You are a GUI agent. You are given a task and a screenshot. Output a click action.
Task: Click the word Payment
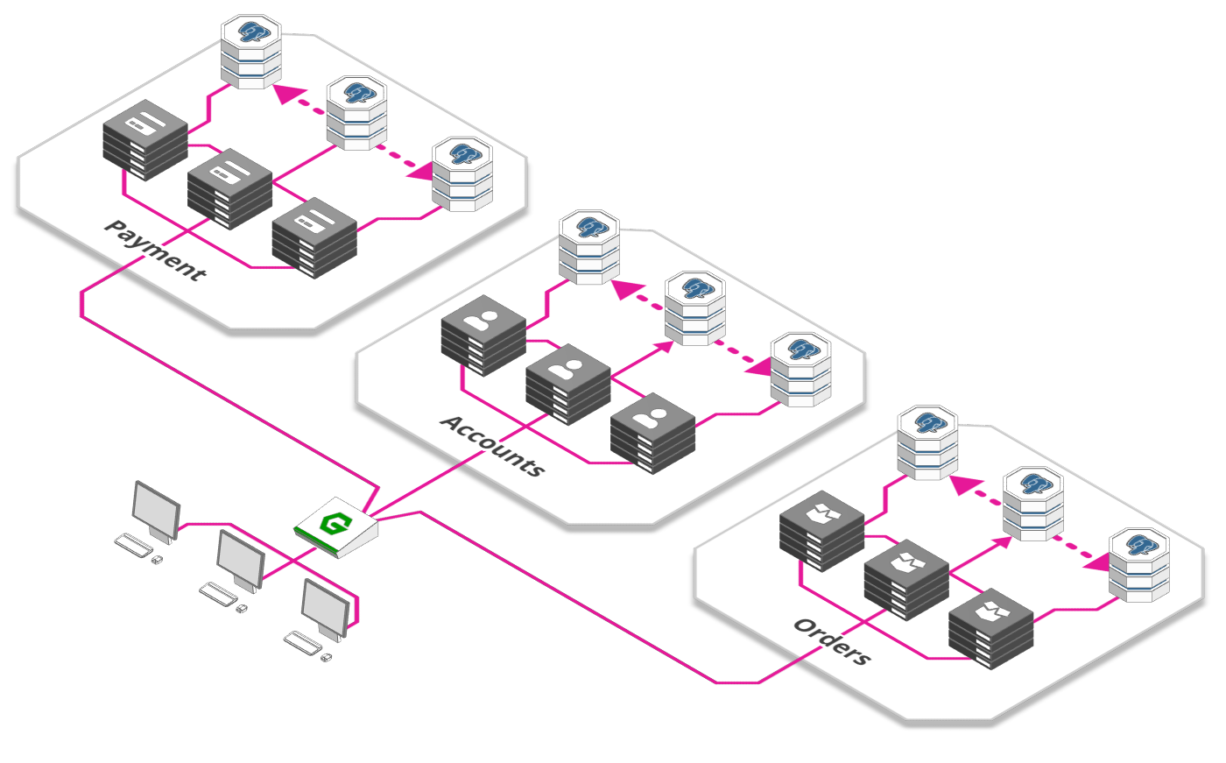pos(155,251)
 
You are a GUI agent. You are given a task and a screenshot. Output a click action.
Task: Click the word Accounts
pos(492,446)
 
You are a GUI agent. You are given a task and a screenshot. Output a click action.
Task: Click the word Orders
pos(833,641)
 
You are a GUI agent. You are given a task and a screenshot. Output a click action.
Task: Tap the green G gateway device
pos(336,527)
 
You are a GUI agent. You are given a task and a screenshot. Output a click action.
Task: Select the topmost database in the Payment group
pos(251,52)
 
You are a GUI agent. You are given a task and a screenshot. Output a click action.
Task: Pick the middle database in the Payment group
pos(357,113)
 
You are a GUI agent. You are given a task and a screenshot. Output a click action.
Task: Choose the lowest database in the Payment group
pos(462,174)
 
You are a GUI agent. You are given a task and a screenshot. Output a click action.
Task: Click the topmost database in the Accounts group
pos(589,247)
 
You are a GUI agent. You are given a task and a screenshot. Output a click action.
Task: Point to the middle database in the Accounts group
pos(695,308)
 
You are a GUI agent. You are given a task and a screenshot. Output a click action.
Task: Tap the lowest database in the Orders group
pos(1139,565)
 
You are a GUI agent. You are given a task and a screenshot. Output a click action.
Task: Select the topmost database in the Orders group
pos(927,442)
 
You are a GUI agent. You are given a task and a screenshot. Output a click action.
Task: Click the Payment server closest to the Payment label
pos(229,189)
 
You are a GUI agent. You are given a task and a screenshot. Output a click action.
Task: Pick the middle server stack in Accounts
pos(568,385)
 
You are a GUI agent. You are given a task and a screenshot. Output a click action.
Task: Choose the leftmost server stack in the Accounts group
pos(483,336)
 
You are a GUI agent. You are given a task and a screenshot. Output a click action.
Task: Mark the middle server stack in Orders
pos(906,580)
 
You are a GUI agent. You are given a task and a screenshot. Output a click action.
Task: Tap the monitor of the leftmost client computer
pos(156,512)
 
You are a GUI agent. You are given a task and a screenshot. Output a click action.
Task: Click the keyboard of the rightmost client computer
pos(303,643)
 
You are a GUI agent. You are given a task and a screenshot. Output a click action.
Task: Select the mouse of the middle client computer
pos(242,609)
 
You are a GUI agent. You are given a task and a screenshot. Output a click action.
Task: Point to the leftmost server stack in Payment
pos(145,140)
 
